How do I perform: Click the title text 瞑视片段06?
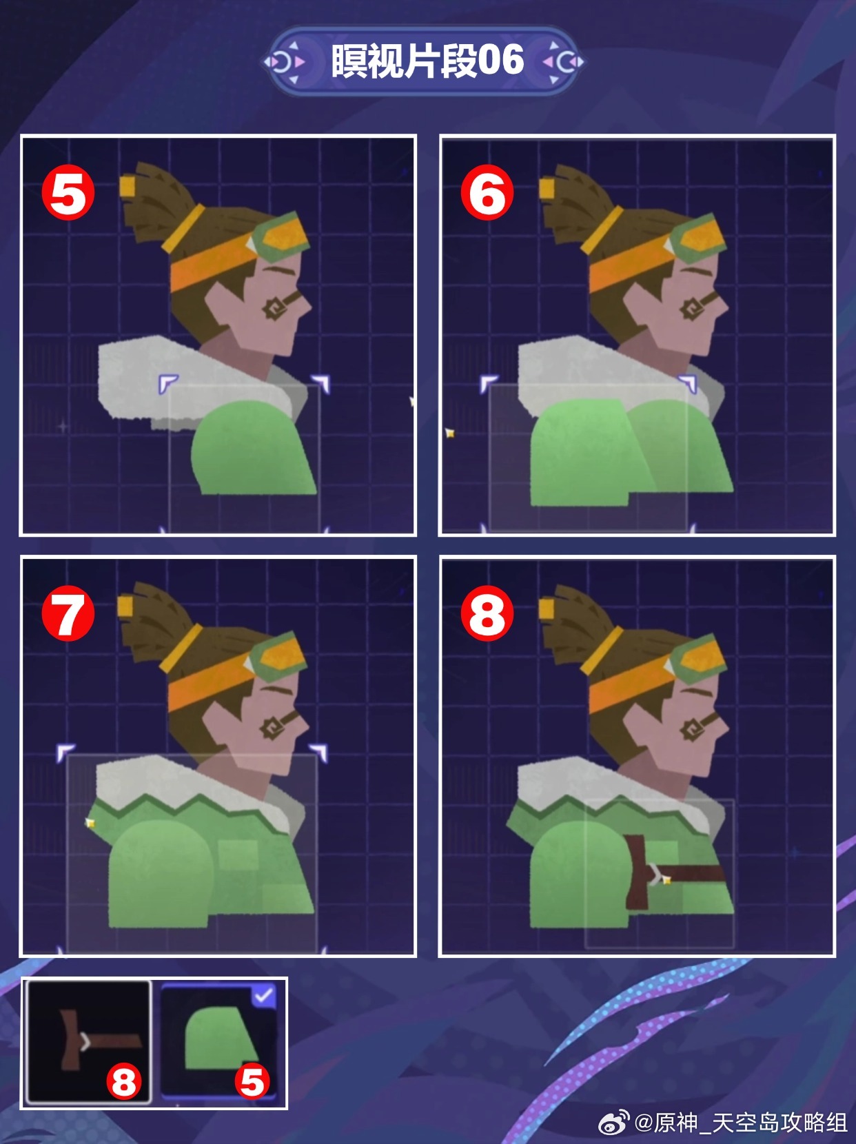[427, 61]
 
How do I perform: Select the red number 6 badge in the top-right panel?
[487, 192]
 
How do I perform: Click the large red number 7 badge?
[68, 613]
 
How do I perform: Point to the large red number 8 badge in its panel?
[487, 613]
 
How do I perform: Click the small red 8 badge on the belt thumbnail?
[124, 1081]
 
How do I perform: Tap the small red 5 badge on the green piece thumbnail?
[252, 1081]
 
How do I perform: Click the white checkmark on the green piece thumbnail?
[264, 996]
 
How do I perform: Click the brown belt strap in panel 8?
[672, 871]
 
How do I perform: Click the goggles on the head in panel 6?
[698, 241]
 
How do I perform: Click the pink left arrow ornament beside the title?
[300, 62]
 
